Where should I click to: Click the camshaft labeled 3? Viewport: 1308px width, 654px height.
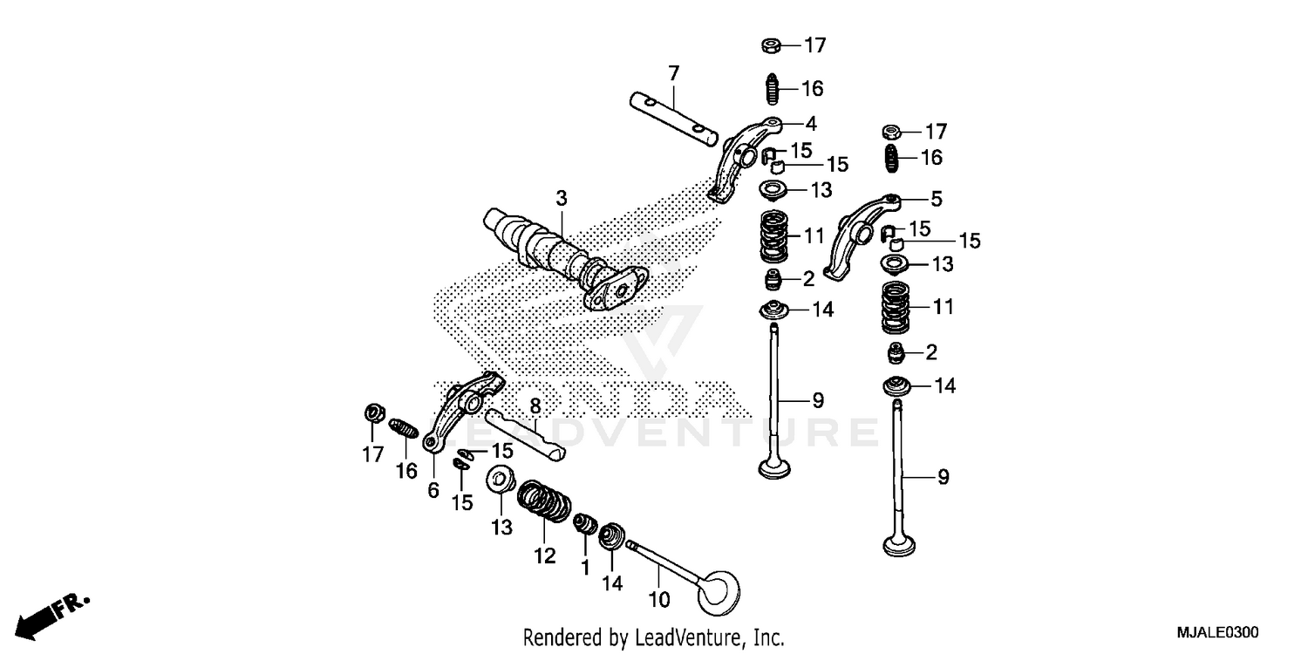click(558, 253)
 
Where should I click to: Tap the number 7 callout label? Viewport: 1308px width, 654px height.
click(673, 73)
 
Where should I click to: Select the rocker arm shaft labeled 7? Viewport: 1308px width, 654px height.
click(673, 119)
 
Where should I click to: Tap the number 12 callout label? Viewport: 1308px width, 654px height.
click(544, 555)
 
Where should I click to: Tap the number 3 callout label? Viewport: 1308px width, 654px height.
click(561, 199)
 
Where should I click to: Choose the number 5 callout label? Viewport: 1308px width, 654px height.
click(936, 199)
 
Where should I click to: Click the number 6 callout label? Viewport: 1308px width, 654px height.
click(433, 491)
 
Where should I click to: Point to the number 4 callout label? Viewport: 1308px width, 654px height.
click(810, 123)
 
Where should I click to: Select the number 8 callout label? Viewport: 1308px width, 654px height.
click(535, 405)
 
